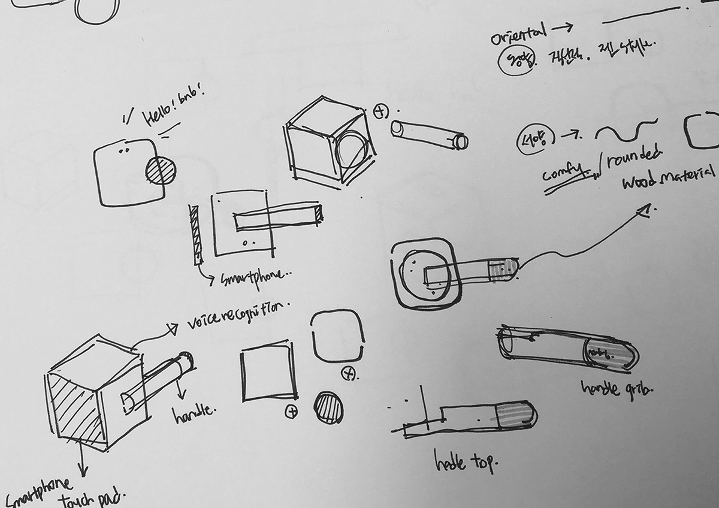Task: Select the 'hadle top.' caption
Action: point(466,460)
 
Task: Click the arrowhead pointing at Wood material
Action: point(645,210)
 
